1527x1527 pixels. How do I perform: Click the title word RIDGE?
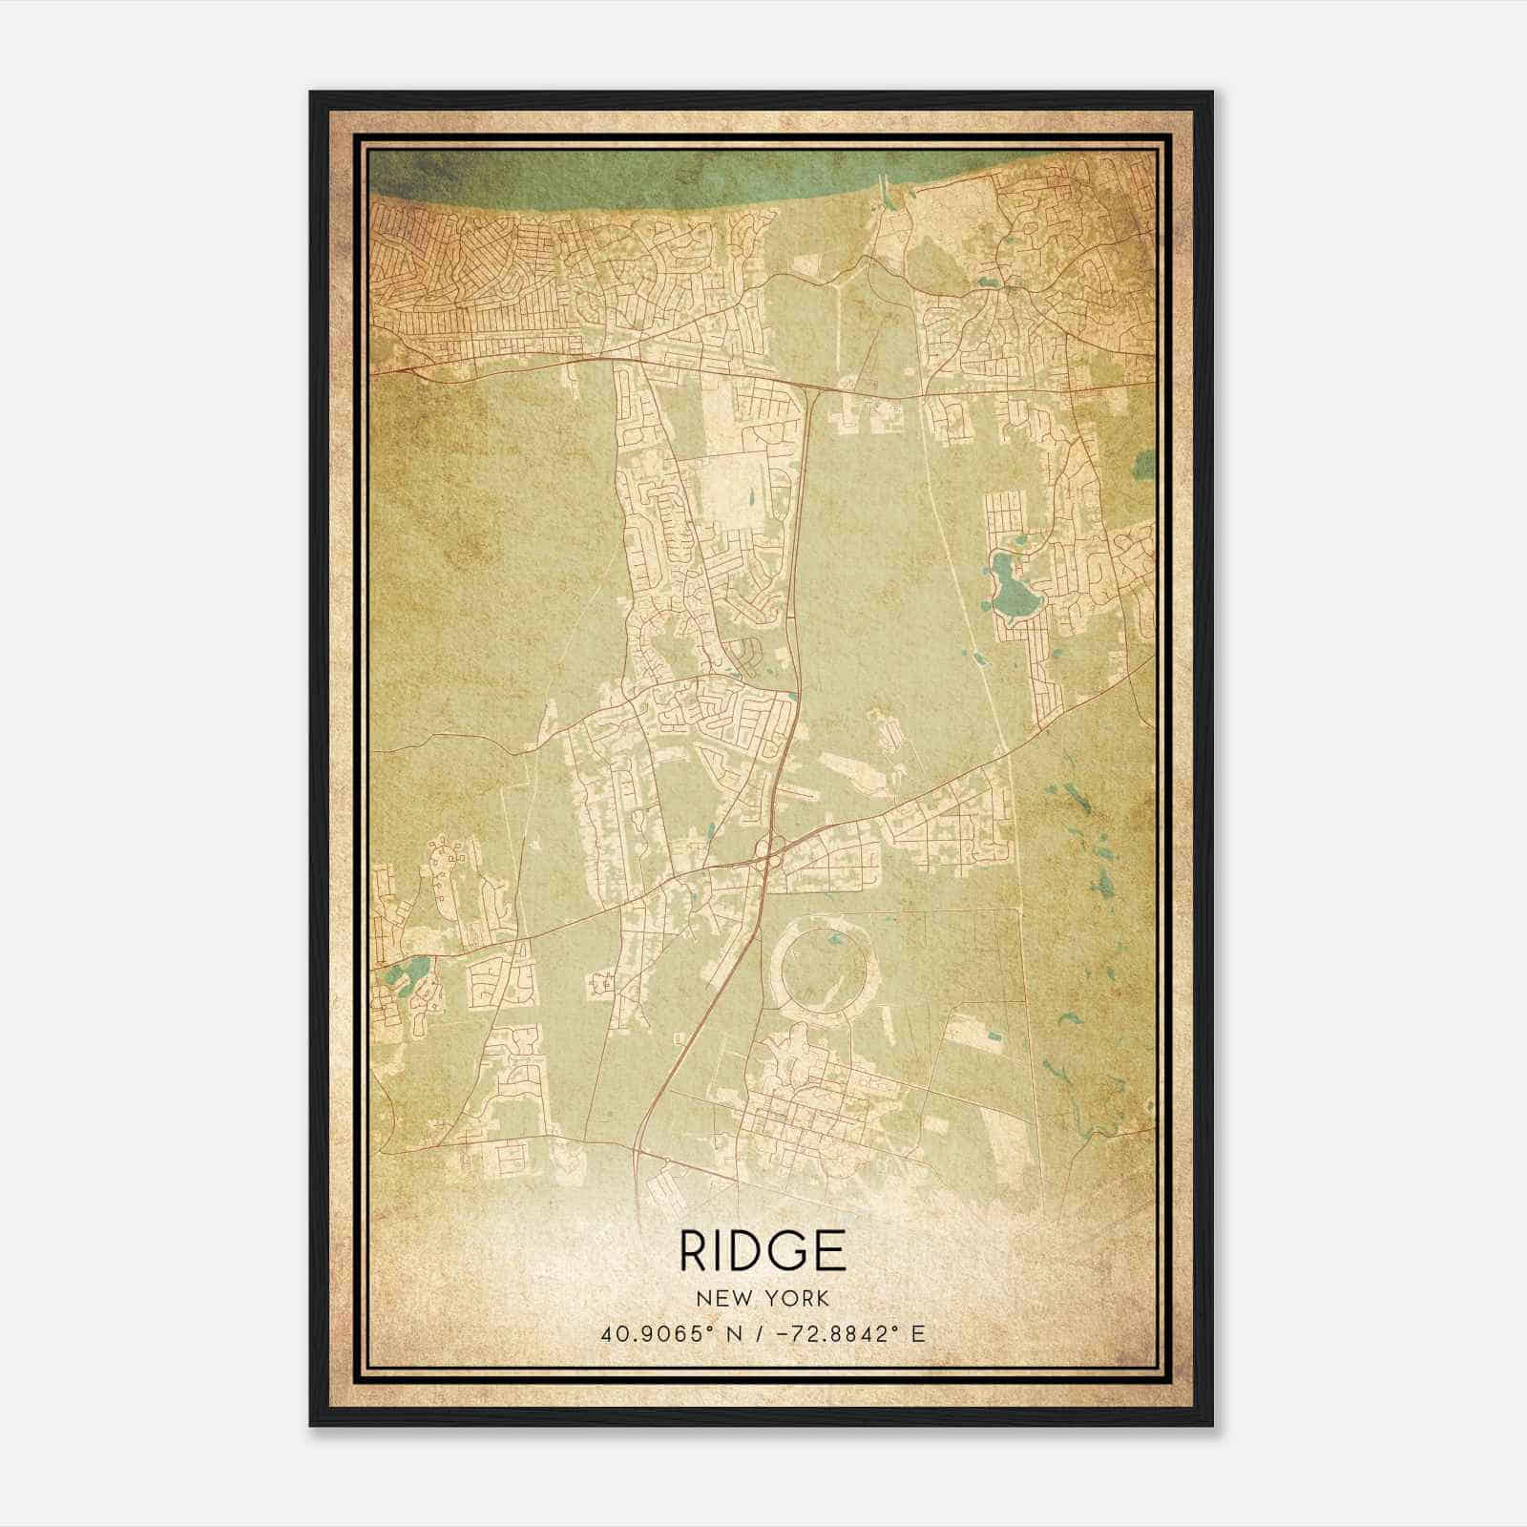[763, 1251]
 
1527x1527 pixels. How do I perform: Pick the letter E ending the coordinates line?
[918, 1334]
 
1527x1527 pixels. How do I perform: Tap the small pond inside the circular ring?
[836, 940]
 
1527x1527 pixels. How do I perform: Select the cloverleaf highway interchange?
[769, 849]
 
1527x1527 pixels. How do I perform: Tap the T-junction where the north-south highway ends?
[812, 389]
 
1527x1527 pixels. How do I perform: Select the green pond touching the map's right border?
[1145, 465]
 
